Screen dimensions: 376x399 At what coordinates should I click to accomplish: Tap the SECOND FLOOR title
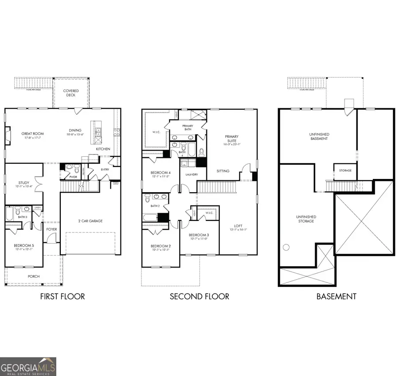[x=199, y=296]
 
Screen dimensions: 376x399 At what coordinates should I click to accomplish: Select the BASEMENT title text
[x=336, y=296]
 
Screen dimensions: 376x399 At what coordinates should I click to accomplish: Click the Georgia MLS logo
[x=28, y=367]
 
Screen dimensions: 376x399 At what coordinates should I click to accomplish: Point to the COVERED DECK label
[x=71, y=93]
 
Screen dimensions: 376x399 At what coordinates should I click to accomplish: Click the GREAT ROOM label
[x=32, y=133]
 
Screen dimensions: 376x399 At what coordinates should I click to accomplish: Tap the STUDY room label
[x=23, y=182]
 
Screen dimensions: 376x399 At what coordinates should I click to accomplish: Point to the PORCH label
[x=34, y=276]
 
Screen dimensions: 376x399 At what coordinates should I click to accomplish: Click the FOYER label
[x=52, y=229]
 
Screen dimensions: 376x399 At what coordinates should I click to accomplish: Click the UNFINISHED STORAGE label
[x=305, y=219]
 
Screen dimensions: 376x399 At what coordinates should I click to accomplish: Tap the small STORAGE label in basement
[x=345, y=170]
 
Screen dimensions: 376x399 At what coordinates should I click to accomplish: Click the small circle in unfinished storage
[x=286, y=247]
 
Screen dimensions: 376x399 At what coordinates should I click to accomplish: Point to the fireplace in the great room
[x=8, y=133]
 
